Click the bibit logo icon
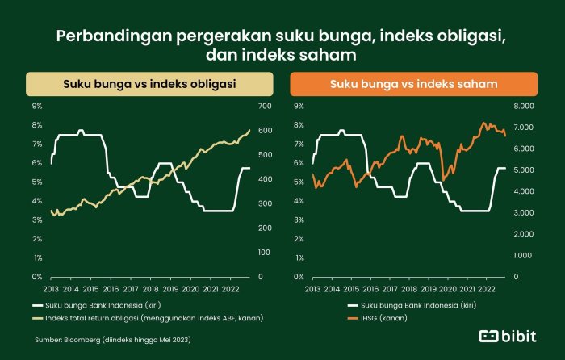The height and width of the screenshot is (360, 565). click(x=489, y=336)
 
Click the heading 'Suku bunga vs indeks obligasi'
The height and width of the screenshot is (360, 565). click(x=145, y=83)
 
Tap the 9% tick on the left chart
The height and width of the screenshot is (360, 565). click(x=36, y=106)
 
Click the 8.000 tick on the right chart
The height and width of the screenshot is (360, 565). click(x=522, y=106)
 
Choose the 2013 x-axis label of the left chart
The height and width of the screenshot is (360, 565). click(x=51, y=288)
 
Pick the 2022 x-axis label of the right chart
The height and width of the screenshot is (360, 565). click(x=486, y=288)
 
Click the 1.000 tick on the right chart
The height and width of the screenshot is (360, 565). click(x=522, y=255)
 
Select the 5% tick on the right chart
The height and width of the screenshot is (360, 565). click(x=299, y=182)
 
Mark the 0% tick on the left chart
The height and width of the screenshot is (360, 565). click(x=36, y=277)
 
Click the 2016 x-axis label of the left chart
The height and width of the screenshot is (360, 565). click(x=110, y=288)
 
